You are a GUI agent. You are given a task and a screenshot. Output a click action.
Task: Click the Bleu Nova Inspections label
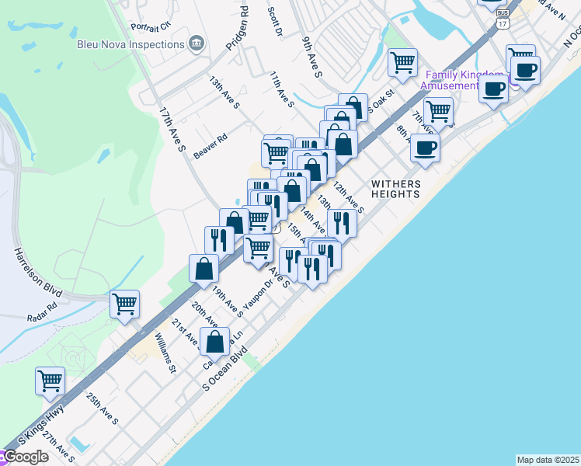pyautogui.click(x=130, y=44)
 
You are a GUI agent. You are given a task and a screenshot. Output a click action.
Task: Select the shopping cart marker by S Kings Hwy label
pyautogui.click(x=50, y=381)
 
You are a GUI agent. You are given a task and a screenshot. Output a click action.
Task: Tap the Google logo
pyautogui.click(x=25, y=457)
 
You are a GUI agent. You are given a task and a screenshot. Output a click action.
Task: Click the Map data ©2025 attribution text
pyautogui.click(x=548, y=460)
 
